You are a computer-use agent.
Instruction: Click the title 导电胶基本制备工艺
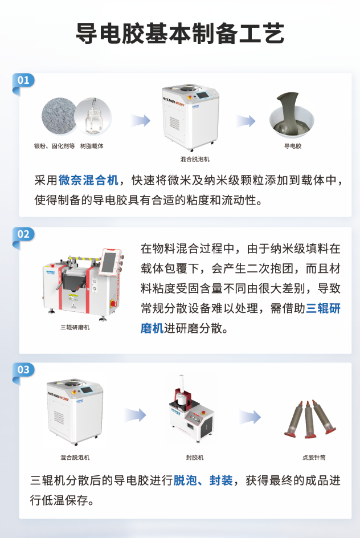pos(180,34)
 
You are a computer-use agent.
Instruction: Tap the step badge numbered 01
pos(23,80)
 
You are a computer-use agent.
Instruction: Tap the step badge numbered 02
pos(23,234)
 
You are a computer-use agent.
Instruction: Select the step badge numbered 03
pos(23,370)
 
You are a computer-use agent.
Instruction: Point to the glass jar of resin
pos(91,119)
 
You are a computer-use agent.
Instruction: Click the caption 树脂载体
pos(92,146)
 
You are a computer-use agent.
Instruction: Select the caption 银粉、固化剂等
pos(55,146)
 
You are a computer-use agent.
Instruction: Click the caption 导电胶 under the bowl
pos(292,146)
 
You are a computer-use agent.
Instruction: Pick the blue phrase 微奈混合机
pos(88,181)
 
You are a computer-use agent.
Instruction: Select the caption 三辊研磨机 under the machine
pos(75,327)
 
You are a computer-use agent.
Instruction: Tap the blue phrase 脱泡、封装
pos(203,480)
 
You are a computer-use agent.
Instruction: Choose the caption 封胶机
pos(194,457)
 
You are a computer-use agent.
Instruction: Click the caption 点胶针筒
pos(314,457)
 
